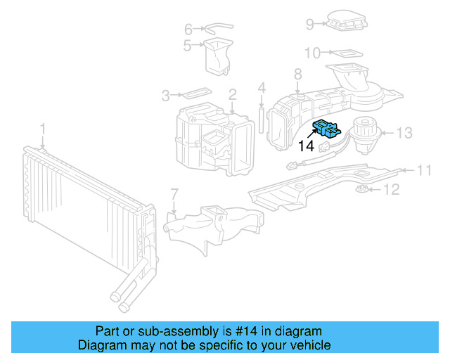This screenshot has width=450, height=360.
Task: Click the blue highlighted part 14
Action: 326,129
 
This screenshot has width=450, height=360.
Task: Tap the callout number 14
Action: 306,146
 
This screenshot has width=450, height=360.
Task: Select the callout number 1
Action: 42,129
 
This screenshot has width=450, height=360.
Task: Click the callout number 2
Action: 232,94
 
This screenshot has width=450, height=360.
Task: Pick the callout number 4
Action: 262,88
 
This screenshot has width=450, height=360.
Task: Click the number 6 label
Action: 188,29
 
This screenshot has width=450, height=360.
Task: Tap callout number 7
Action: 174,193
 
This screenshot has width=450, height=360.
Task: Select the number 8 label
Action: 297,74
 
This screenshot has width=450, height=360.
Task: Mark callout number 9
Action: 310,25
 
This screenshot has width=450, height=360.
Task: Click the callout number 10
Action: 312,53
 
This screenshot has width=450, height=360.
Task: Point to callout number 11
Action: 424,169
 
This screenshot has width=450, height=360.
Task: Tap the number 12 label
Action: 391,189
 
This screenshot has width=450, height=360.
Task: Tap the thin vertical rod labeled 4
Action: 262,118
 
